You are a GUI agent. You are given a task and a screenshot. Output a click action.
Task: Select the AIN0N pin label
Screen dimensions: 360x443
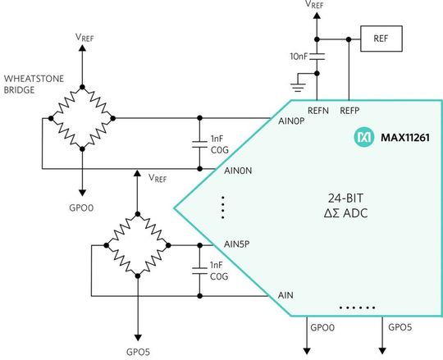(241, 170)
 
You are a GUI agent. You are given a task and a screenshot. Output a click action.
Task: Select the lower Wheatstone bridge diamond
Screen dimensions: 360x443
(138, 244)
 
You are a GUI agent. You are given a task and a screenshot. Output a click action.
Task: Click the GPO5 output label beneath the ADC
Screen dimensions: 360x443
(400, 327)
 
